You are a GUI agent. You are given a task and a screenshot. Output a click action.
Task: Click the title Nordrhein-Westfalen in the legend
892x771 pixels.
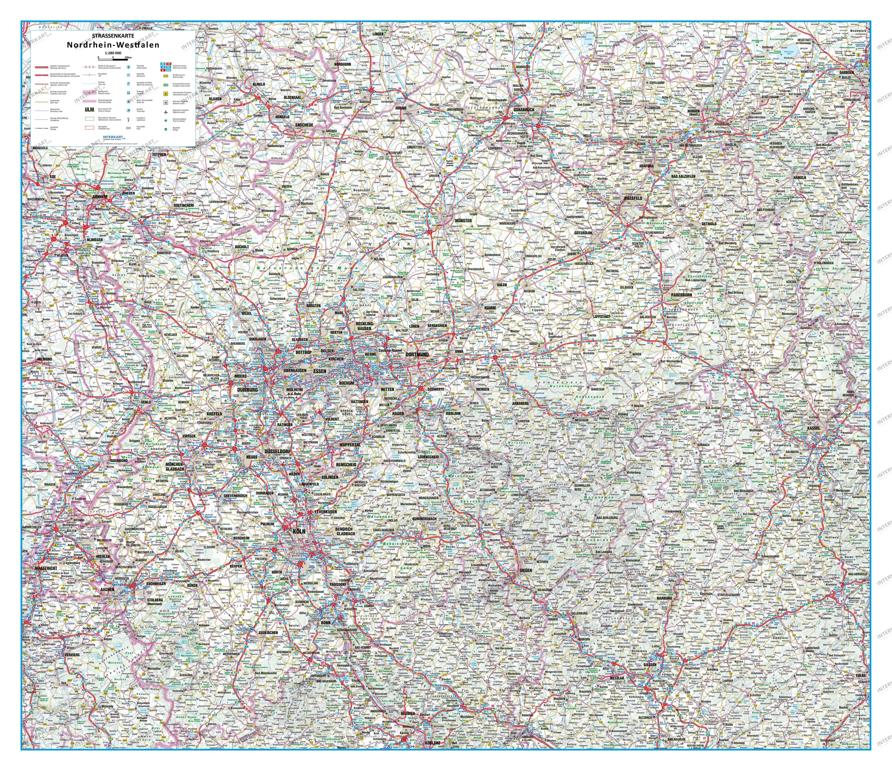coord(113,45)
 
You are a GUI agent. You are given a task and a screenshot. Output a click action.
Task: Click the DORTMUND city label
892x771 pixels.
coord(417,354)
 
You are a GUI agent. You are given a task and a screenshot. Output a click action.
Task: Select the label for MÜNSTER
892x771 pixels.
coord(463,220)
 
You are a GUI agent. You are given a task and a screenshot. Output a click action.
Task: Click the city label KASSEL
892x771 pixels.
coord(814,428)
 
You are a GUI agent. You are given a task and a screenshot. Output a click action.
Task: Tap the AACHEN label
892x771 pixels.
coord(107,589)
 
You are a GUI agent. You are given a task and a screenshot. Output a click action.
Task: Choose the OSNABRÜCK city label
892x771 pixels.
coord(524,109)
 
